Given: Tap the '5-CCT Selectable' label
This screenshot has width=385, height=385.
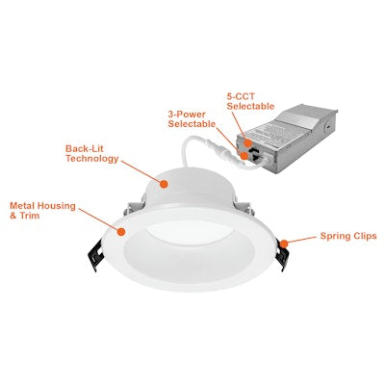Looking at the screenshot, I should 249,101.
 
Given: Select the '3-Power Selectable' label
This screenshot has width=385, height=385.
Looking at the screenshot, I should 192,119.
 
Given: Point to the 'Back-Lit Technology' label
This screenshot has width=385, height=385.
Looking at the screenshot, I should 91,153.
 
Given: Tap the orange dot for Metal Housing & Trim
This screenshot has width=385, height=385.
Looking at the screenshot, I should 120,230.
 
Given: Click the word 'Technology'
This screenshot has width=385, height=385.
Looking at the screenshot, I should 91,159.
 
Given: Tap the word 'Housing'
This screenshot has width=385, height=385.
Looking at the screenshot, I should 54,205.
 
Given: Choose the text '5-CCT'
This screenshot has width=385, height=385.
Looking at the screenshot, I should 240,95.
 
